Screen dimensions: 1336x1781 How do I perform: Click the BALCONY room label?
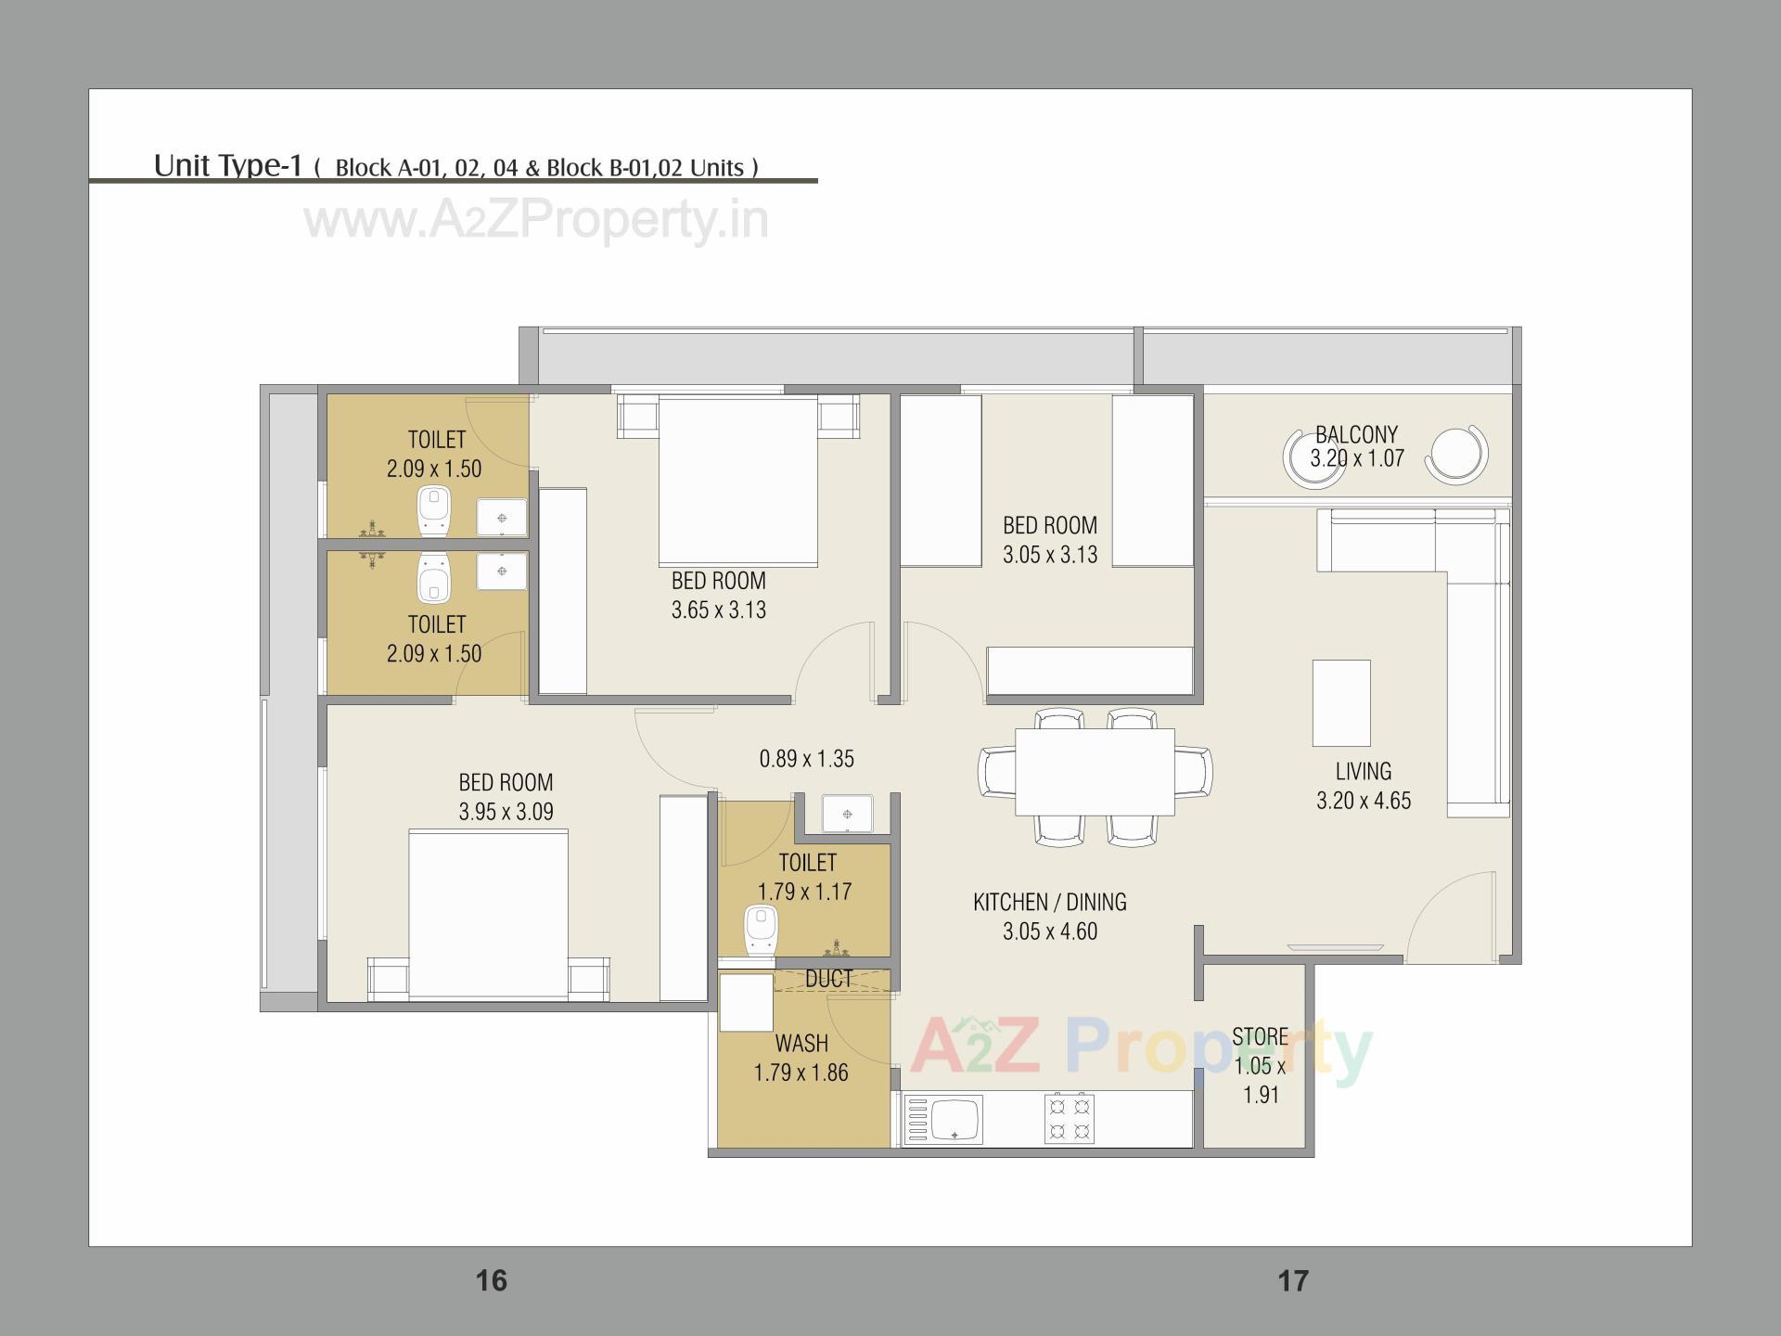pyautogui.click(x=1356, y=434)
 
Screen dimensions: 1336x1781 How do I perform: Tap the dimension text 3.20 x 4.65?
pyautogui.click(x=1363, y=801)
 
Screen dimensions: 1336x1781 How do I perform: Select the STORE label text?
pyautogui.click(x=1260, y=1036)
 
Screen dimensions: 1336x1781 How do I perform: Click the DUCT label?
pyautogui.click(x=828, y=979)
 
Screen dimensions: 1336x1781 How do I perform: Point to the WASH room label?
pyautogui.click(x=801, y=1044)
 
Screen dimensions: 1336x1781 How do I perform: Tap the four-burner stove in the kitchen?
pyautogui.click(x=1069, y=1119)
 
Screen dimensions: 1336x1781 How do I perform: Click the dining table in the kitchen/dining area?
pyautogui.click(x=1095, y=772)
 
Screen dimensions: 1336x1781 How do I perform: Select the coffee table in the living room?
pyautogui.click(x=1341, y=702)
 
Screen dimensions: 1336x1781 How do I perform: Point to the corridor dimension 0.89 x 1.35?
pyautogui.click(x=806, y=759)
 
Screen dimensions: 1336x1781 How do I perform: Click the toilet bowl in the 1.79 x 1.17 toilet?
pyautogui.click(x=762, y=931)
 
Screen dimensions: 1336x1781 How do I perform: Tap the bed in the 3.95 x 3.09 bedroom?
pyautogui.click(x=489, y=914)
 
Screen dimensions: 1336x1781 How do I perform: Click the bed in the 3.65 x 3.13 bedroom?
pyautogui.click(x=738, y=481)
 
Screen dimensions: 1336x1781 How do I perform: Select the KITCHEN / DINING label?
pyautogui.click(x=1049, y=902)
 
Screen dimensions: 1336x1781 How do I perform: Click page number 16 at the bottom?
pyautogui.click(x=491, y=1281)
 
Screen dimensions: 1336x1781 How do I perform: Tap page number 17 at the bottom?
pyautogui.click(x=1292, y=1281)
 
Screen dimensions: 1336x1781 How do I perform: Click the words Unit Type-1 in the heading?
pyautogui.click(x=228, y=165)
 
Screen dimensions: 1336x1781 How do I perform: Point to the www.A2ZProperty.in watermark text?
pyautogui.click(x=536, y=221)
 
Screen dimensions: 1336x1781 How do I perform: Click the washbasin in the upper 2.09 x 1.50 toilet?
pyautogui.click(x=502, y=518)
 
